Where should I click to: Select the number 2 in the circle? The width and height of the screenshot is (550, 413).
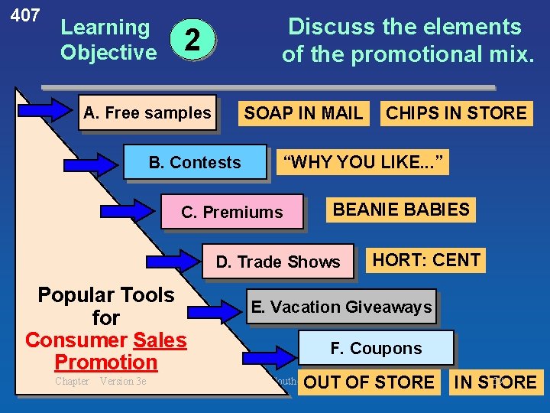pyautogui.click(x=194, y=40)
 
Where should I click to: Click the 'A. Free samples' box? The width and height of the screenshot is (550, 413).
pyautogui.click(x=147, y=113)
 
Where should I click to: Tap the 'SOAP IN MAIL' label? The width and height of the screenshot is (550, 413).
pyautogui.click(x=303, y=114)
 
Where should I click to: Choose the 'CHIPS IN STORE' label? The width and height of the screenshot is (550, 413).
pyautogui.click(x=456, y=114)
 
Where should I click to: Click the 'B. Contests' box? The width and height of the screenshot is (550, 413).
pyautogui.click(x=195, y=162)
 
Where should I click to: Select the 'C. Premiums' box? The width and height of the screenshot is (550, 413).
pyautogui.click(x=232, y=212)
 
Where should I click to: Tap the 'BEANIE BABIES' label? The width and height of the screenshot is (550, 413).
pyautogui.click(x=401, y=210)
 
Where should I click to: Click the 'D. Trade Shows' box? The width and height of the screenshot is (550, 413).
pyautogui.click(x=278, y=262)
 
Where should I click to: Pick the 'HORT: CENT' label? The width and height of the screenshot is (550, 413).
pyautogui.click(x=425, y=260)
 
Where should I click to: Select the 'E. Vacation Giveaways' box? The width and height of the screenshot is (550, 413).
pyautogui.click(x=341, y=307)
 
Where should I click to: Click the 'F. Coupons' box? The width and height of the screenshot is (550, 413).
pyautogui.click(x=376, y=348)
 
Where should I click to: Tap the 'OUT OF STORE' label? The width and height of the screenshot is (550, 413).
pyautogui.click(x=369, y=382)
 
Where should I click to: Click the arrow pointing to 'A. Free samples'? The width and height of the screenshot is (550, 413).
pyautogui.click(x=44, y=110)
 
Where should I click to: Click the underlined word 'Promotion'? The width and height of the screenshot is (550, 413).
pyautogui.click(x=105, y=362)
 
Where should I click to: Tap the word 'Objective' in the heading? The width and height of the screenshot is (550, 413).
pyautogui.click(x=108, y=53)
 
